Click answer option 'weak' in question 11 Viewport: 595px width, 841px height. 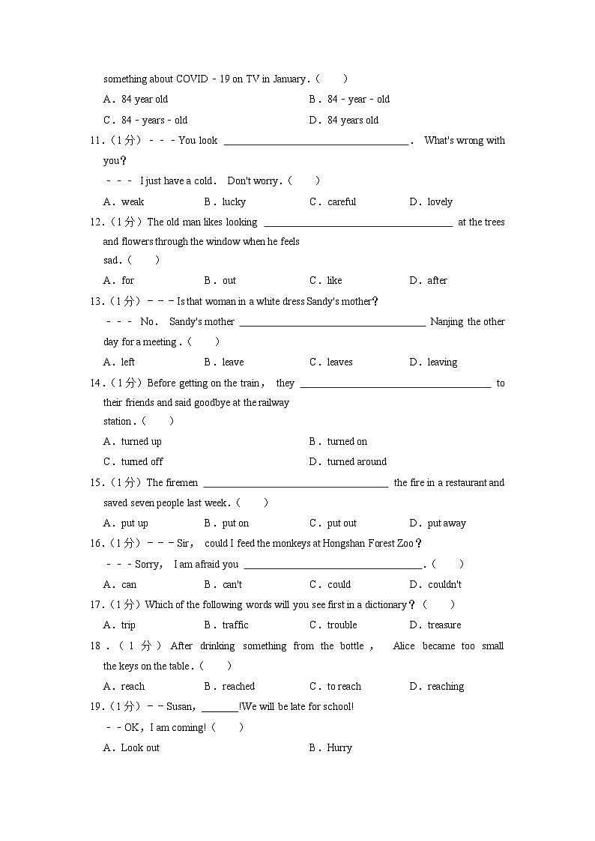133,201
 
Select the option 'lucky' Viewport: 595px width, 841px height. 234,201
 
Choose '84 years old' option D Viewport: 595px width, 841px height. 353,120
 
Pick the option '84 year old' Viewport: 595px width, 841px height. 145,99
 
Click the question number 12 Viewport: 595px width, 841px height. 95,222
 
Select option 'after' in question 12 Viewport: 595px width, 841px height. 437,280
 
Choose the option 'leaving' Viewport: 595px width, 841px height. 442,362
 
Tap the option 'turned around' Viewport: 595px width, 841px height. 357,461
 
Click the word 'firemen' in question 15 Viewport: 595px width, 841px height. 182,482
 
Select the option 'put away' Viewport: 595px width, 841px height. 447,523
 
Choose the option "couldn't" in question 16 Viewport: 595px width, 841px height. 444,584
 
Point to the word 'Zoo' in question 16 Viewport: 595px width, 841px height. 405,543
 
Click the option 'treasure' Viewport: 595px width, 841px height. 444,625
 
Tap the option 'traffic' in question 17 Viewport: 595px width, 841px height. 235,625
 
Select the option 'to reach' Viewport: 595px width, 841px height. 344,686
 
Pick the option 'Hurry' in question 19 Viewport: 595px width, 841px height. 339,747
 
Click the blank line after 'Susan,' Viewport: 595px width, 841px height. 220,706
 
